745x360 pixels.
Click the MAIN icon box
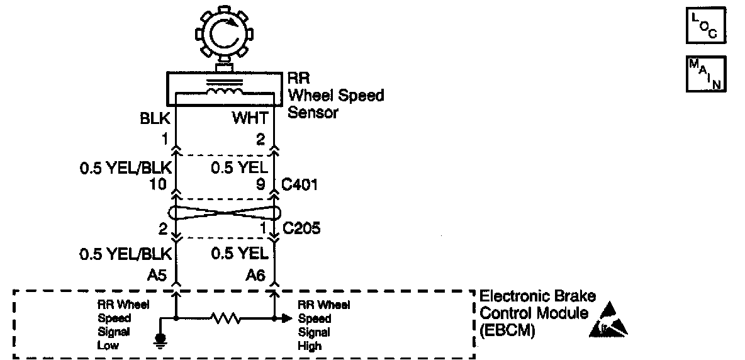coord(706,74)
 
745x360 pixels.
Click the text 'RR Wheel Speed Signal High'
coord(323,325)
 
